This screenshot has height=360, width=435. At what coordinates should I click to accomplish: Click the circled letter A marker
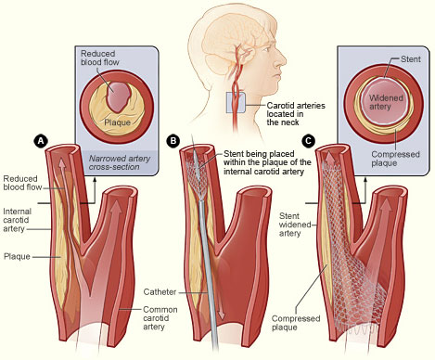(x=39, y=140)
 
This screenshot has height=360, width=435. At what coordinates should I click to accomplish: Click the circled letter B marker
(x=173, y=140)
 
